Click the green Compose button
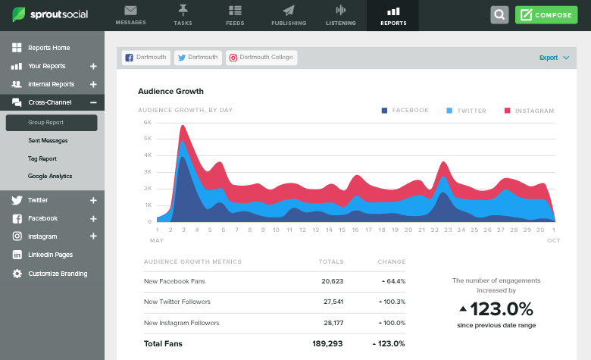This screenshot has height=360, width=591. pos(546,15)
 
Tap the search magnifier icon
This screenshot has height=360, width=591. pos(499,15)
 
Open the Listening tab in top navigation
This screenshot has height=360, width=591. pos(340,15)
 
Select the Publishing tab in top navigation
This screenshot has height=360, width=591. pos(288,15)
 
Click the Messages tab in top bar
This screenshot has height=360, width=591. pos(130,15)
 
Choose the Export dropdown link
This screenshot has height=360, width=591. pos(554,58)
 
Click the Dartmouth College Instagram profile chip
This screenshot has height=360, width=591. pos(261,58)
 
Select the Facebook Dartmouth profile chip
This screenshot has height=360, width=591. pos(145,58)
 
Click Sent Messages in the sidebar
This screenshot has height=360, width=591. pos(48,140)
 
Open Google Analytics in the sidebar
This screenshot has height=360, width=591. pos(50,176)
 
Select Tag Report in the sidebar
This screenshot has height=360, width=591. pos(42,158)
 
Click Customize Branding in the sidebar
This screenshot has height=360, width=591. pos(58,274)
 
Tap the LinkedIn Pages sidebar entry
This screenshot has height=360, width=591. pos(50,255)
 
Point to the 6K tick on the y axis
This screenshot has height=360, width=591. pos(147,122)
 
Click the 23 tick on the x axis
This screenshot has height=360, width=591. pos(448,230)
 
